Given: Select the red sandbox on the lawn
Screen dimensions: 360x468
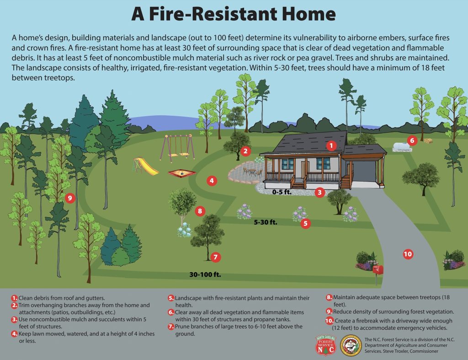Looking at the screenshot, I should [181, 173].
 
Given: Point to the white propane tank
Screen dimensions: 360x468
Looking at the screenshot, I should [402, 146].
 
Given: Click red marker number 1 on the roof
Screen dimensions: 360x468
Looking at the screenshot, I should [331, 146].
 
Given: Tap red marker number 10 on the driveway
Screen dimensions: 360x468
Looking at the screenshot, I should [408, 254].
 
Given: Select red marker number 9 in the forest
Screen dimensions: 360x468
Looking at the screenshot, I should [69, 198].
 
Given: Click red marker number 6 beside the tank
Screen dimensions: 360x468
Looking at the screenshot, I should [412, 140].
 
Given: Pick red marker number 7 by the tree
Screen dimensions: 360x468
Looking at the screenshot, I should [216, 257].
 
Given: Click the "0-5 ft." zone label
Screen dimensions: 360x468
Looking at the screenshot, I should [282, 192].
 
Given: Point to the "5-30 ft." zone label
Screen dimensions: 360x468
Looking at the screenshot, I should [266, 223].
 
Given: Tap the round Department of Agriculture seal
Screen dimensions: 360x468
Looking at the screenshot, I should [351, 345].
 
